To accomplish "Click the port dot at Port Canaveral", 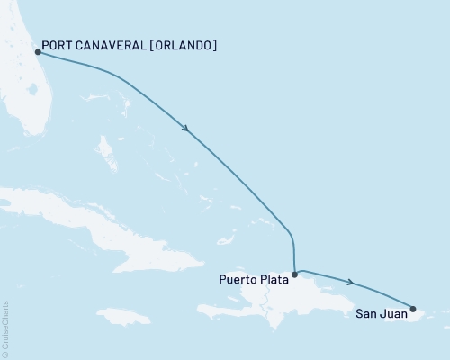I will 38,52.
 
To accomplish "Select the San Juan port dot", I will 412,309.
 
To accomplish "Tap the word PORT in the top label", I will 58,46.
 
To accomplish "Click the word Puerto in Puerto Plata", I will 239,280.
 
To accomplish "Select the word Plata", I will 274,280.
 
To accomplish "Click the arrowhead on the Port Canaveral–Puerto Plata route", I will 185,129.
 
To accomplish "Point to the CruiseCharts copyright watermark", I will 6,328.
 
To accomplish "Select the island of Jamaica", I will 121,317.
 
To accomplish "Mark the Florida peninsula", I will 27,99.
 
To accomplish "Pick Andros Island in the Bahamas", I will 104,148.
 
